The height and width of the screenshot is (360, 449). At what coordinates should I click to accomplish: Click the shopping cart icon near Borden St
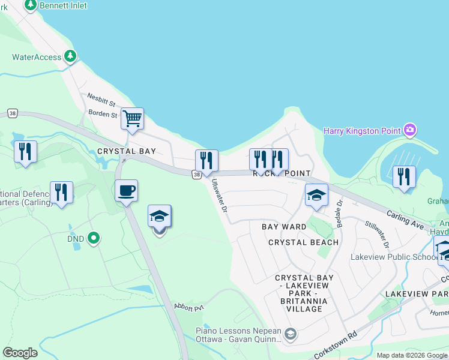(132, 118)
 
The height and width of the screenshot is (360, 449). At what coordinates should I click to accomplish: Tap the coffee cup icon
(126, 191)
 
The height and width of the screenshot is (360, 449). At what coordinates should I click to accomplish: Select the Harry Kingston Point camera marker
(410, 130)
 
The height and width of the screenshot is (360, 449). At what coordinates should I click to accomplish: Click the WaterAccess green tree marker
(71, 56)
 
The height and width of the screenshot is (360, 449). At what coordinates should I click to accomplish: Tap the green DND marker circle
(93, 239)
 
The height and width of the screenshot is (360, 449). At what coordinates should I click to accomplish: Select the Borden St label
(103, 113)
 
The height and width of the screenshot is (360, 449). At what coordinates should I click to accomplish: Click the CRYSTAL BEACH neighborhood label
(303, 242)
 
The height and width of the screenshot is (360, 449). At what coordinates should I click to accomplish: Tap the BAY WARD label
(284, 227)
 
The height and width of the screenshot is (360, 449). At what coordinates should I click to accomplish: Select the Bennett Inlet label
(62, 5)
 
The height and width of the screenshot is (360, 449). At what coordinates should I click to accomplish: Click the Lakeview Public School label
(394, 257)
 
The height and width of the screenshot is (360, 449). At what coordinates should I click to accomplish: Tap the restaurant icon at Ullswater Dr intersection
(206, 161)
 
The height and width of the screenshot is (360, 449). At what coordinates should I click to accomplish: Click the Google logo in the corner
(20, 353)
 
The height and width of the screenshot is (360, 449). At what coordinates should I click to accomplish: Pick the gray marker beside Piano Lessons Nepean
(291, 334)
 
